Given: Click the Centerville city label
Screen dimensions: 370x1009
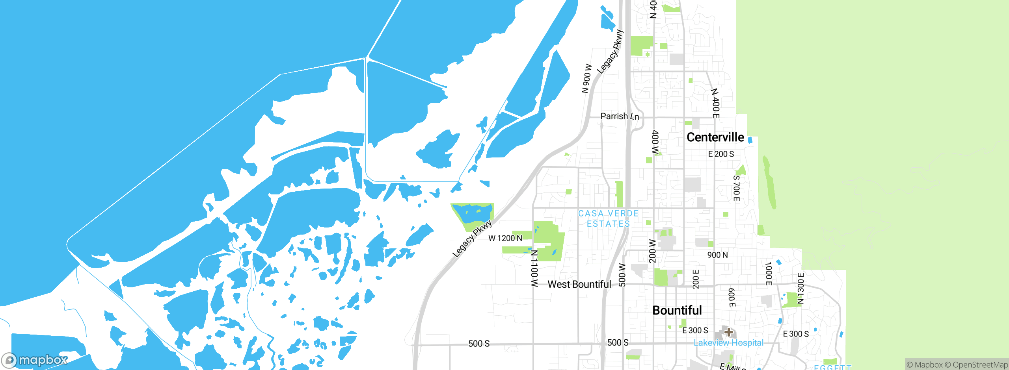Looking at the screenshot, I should (715, 137).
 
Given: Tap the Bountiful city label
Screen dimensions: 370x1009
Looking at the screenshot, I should (677, 311).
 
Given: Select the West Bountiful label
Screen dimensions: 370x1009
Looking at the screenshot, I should (579, 285).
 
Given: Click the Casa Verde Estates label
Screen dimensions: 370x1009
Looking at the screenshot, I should (608, 218).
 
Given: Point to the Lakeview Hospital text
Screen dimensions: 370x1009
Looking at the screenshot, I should (728, 343).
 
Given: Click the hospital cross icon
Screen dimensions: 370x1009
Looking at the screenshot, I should (728, 332).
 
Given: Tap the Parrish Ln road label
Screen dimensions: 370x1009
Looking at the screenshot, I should (619, 117).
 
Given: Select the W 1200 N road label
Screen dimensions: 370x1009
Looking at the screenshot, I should (505, 238).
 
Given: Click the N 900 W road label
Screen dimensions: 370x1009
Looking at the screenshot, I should (586, 79).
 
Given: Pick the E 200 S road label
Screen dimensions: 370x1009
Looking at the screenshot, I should (721, 154).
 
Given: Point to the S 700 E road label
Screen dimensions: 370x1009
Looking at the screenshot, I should (736, 188).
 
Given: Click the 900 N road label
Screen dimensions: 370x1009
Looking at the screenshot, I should (717, 255).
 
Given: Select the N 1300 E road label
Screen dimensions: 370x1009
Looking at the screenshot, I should (800, 288).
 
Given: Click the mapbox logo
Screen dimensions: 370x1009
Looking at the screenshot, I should (35, 360).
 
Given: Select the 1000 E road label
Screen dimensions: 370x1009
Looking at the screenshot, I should (768, 273).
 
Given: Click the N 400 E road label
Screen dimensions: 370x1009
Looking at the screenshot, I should (715, 103).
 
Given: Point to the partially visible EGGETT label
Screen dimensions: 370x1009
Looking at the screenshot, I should (832, 367).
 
